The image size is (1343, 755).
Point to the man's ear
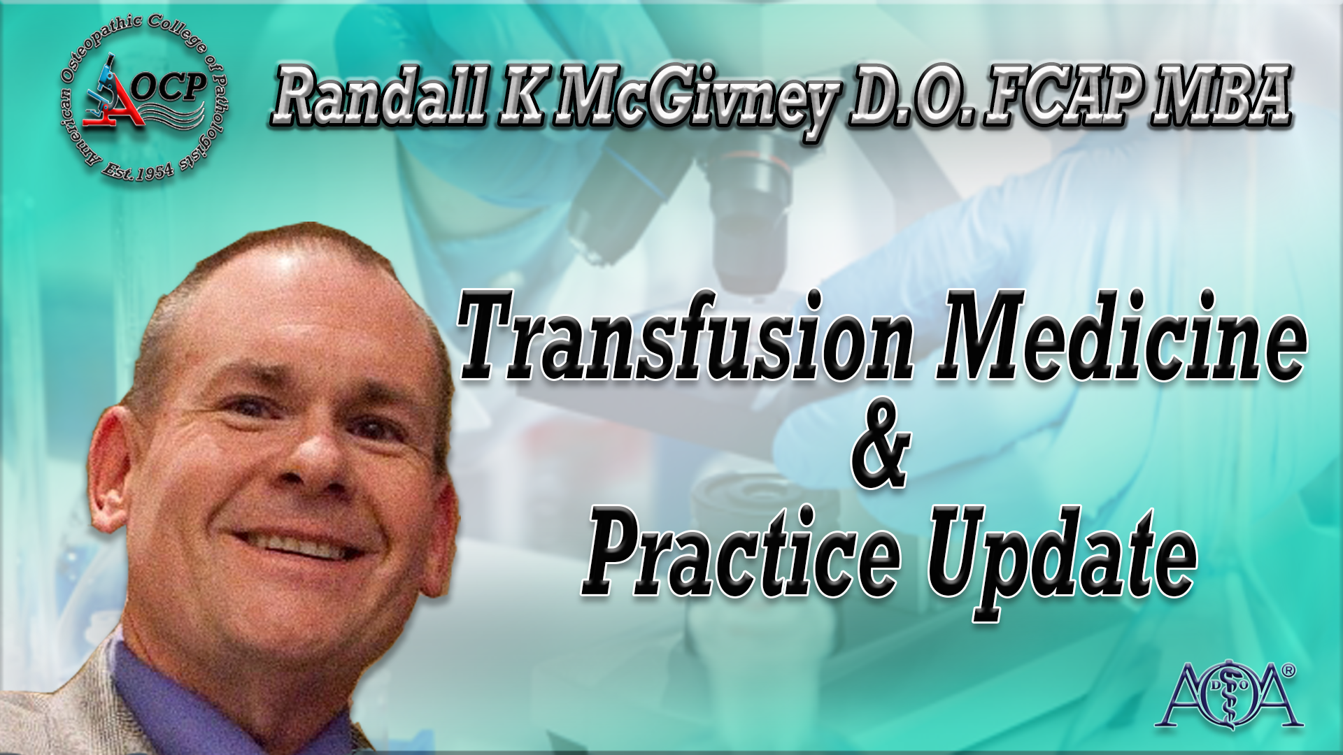115,475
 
